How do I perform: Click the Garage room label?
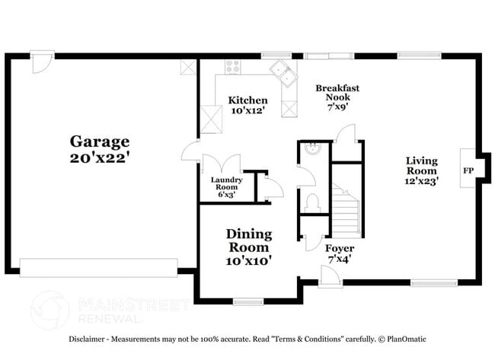[100, 142]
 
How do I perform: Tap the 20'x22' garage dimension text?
[100, 158]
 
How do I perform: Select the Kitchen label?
[248, 100]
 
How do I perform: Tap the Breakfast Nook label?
[337, 93]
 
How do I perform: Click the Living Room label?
[421, 165]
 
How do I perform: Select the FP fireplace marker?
[468, 170]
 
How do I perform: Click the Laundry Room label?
[226, 183]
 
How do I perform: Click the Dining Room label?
[249, 241]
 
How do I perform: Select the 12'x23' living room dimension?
[421, 181]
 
